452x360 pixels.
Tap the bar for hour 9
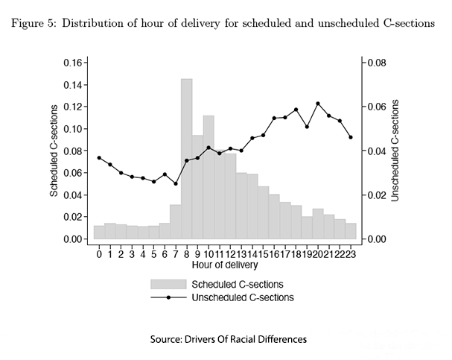pos(197,187)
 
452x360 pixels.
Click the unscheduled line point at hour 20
pos(318,104)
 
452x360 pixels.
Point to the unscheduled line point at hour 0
pos(99,158)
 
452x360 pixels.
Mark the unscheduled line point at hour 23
pos(351,137)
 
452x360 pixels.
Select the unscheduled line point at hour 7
pos(176,183)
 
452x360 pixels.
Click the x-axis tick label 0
pos(99,253)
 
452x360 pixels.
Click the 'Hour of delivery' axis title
pos(225,265)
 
